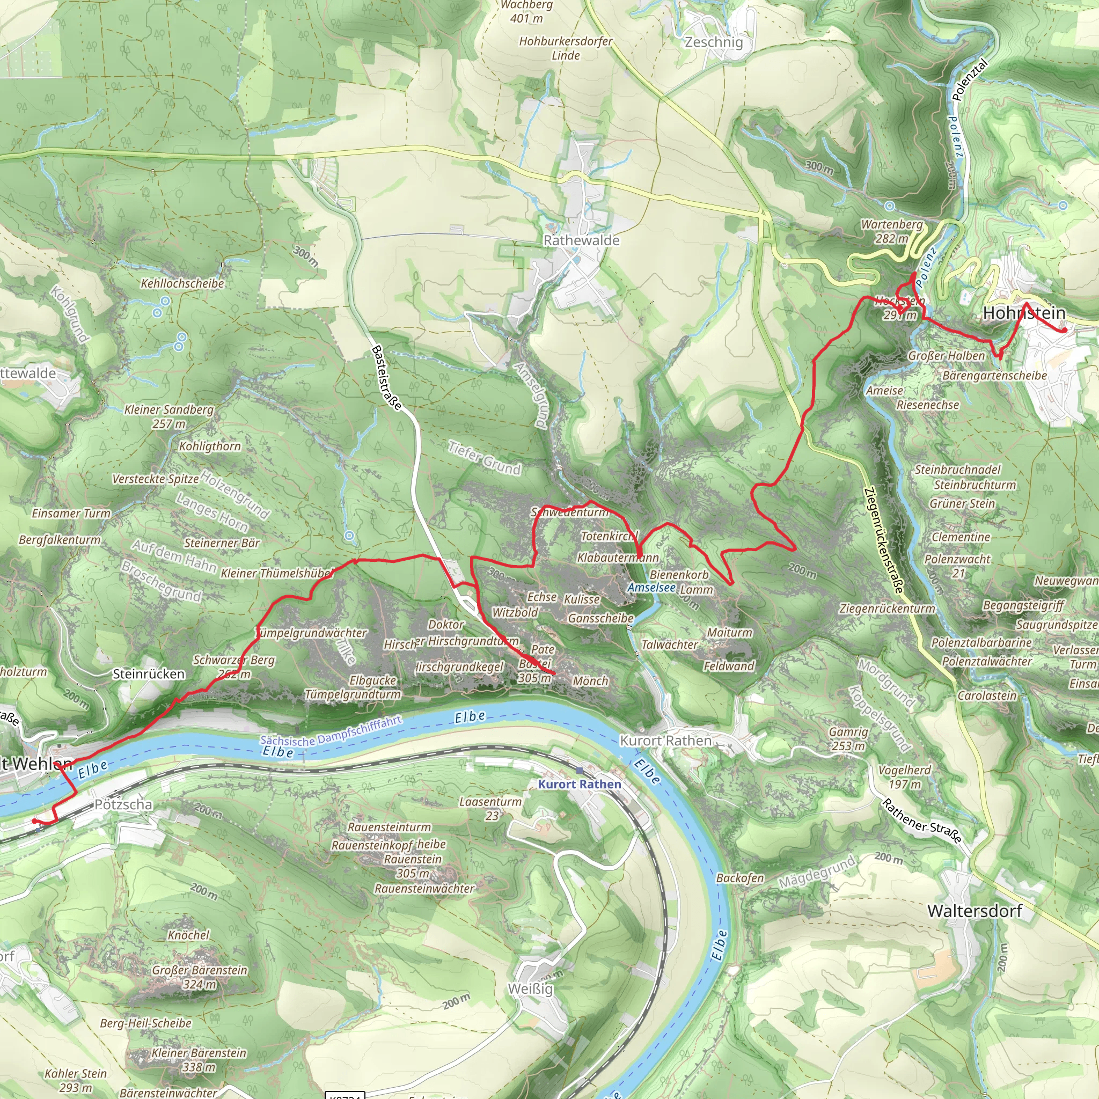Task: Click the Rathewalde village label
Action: [581, 240]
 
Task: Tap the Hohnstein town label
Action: [1024, 313]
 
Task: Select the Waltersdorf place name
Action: [975, 911]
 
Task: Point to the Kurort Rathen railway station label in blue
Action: [580, 784]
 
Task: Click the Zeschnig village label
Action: [714, 42]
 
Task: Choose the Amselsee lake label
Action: [651, 588]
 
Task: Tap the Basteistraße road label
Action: [386, 378]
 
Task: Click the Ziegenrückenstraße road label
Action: [883, 540]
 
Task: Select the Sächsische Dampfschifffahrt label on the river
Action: [331, 731]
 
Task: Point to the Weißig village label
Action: [530, 988]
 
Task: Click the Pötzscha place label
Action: [123, 804]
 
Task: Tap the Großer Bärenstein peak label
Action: [200, 976]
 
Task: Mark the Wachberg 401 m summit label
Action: [526, 11]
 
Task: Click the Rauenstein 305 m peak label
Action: [413, 866]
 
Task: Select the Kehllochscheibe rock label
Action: [182, 283]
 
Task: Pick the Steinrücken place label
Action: [149, 674]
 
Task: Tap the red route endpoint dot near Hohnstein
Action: [1064, 330]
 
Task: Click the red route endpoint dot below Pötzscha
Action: [35, 821]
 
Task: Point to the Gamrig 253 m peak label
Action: [848, 738]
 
